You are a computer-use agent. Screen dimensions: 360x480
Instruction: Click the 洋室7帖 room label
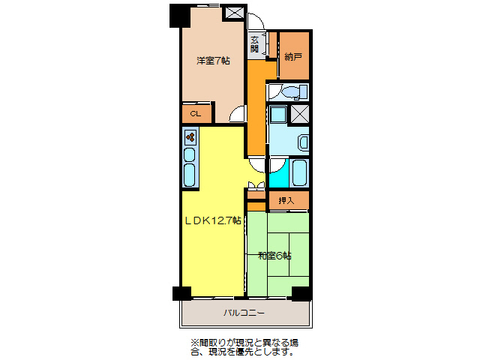pos(213,60)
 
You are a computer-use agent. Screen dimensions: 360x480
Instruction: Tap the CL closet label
pos(195,114)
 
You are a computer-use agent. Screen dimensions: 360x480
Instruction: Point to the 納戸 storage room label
pos(293,56)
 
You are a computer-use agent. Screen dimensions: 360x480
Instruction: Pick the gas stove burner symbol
pos(190,137)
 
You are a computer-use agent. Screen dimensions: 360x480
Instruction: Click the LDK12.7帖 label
pos(213,220)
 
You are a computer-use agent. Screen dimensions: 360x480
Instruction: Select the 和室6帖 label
pos(275,256)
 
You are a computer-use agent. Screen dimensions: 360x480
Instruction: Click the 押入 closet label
pos(286,200)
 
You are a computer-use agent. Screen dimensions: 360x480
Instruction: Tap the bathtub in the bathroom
pos(299,173)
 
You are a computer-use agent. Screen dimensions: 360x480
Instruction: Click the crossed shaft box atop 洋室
pos(234,13)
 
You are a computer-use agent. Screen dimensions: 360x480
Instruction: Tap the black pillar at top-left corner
pos(179,14)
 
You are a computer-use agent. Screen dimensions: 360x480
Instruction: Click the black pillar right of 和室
pos(301,293)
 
